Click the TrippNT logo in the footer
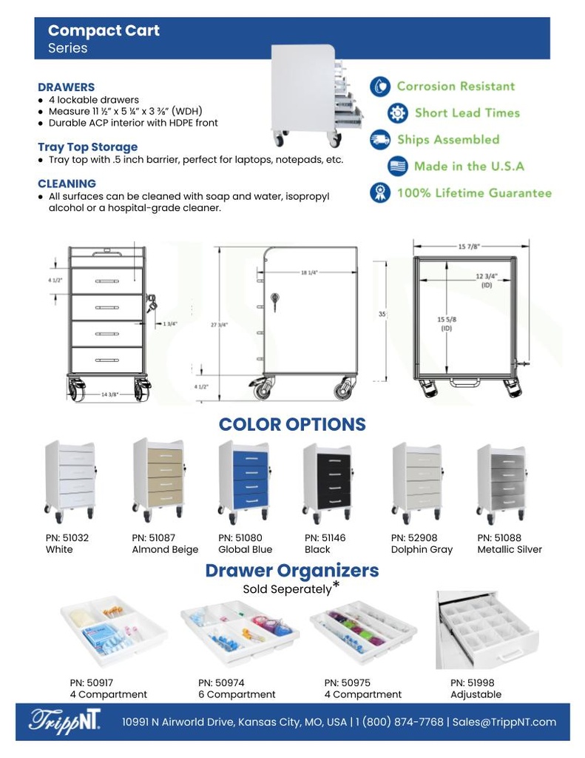pos(64,721)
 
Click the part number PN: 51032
pos(67,538)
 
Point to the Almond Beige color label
pos(165,550)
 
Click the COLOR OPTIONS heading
pos(292,424)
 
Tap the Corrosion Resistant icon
pos(379,87)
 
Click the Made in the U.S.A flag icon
pos(398,167)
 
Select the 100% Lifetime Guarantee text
pos(474,193)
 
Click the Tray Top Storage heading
pos(87,147)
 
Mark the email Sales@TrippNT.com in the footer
pos(504,722)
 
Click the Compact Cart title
pos(104,31)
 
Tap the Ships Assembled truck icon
pos(380,140)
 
